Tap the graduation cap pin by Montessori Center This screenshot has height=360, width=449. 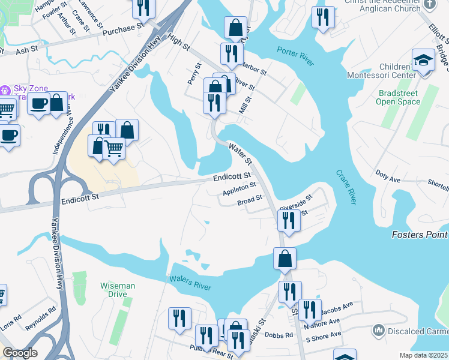tap(423, 61)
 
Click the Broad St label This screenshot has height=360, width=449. tap(250, 200)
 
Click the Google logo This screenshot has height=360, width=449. tap(20, 353)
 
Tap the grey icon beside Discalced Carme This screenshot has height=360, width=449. tap(378, 330)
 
